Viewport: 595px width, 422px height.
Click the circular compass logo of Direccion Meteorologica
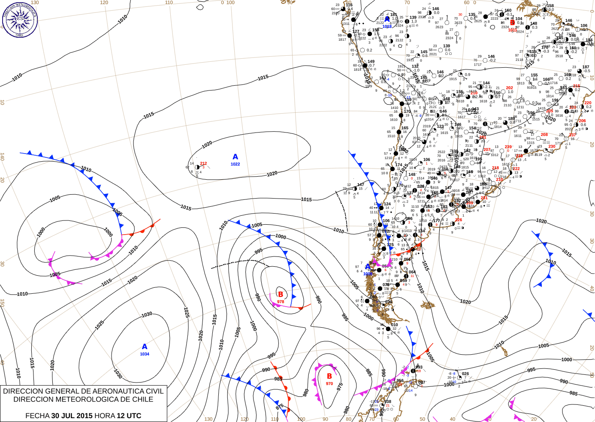(x=20, y=19)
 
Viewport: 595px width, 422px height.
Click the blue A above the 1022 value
(x=235, y=157)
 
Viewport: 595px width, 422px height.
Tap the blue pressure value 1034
(x=145, y=354)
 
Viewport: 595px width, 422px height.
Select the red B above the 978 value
(x=281, y=294)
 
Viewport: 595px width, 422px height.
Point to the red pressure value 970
(x=329, y=384)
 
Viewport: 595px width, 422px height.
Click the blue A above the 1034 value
(x=145, y=347)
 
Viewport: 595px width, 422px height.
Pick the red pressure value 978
(x=281, y=302)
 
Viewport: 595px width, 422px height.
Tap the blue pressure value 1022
(x=235, y=164)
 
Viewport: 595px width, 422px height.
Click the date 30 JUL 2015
(x=72, y=416)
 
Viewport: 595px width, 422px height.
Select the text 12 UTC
(x=128, y=416)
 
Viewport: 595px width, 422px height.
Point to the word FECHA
(x=37, y=416)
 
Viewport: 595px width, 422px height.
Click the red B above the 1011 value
(x=512, y=23)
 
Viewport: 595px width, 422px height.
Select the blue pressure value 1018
(x=387, y=27)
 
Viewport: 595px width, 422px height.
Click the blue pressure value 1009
(x=368, y=274)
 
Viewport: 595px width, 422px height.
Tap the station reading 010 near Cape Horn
(x=395, y=325)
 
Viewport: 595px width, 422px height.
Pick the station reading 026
(x=465, y=374)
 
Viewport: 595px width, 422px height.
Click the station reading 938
(x=388, y=402)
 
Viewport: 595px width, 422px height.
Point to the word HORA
(x=105, y=416)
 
